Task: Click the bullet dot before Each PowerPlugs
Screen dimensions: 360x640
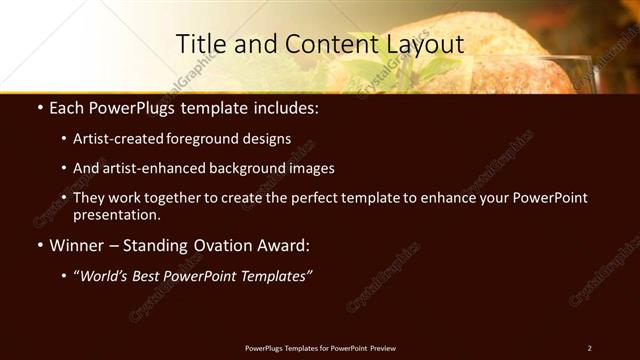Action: (x=39, y=106)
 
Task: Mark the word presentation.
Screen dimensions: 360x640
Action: (x=117, y=214)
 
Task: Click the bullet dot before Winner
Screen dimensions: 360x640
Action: (x=39, y=245)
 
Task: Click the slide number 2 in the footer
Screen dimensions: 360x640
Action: (x=589, y=348)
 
